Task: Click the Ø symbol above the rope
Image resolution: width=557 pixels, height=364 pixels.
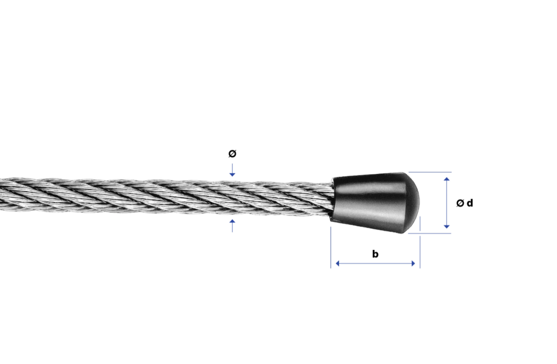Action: click(x=232, y=153)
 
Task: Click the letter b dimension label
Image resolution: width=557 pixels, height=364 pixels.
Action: click(x=375, y=254)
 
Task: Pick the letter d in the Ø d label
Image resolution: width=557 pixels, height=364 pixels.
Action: click(x=469, y=203)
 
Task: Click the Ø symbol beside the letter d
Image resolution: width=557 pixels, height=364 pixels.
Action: click(x=460, y=203)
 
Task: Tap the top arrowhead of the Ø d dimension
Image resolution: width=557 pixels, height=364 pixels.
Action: click(x=446, y=179)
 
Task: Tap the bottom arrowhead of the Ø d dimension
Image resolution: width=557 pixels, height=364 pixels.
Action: click(x=446, y=226)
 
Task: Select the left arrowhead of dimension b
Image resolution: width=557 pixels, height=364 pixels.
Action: click(x=338, y=263)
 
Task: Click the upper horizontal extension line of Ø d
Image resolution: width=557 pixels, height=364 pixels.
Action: click(x=430, y=172)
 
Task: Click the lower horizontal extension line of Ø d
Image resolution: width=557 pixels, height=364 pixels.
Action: click(x=430, y=233)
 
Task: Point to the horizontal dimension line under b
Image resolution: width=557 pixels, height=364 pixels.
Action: click(x=375, y=263)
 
